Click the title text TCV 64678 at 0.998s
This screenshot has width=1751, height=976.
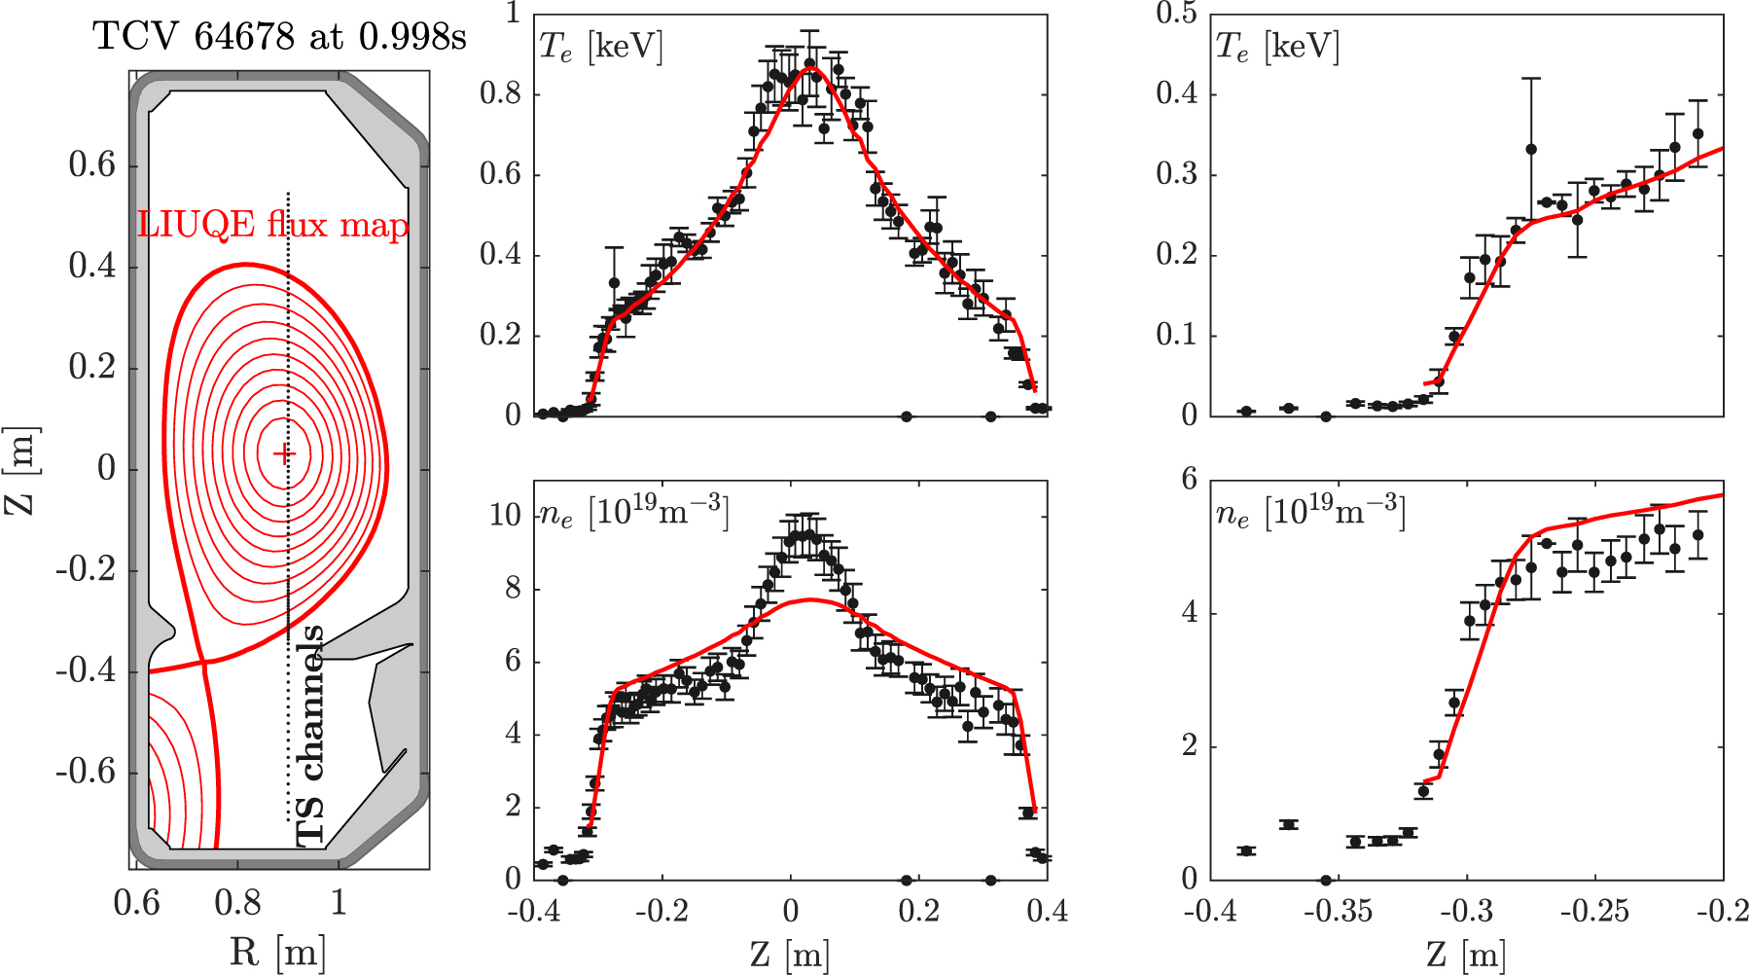click(x=279, y=38)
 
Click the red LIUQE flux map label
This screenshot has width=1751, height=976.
click(x=273, y=226)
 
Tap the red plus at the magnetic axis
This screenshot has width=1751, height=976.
click(x=283, y=453)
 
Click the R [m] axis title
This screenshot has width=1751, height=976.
click(x=277, y=952)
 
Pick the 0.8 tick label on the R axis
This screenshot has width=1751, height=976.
click(x=236, y=903)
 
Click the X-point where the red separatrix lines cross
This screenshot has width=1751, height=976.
click(x=204, y=663)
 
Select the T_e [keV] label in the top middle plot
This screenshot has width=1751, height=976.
click(x=600, y=47)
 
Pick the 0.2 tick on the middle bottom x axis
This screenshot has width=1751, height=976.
click(x=918, y=912)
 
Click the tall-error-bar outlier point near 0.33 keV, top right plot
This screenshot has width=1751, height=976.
click(x=1531, y=150)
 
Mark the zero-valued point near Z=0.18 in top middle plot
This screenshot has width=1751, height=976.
click(x=907, y=416)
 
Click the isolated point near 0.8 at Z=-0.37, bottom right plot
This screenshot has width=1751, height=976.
click(x=1289, y=824)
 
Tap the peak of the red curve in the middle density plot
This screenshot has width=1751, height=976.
click(x=810, y=599)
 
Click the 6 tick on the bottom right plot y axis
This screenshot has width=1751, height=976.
click(x=1189, y=479)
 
